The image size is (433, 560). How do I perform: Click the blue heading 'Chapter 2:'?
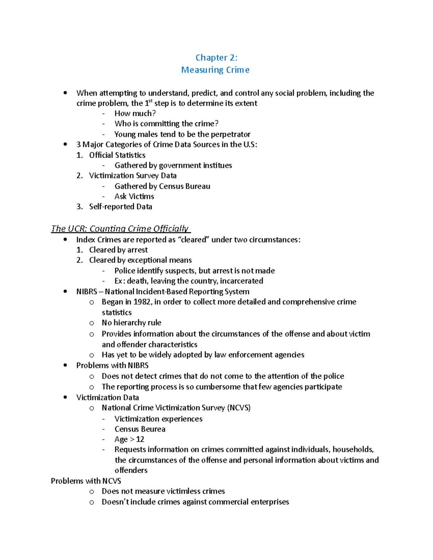click(x=216, y=58)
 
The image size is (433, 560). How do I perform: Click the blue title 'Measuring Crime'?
click(x=215, y=70)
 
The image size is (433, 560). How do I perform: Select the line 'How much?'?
click(x=135, y=114)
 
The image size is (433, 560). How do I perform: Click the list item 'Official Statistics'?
click(x=117, y=155)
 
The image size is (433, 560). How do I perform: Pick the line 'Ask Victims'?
click(x=134, y=197)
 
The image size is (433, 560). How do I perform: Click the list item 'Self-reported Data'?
click(x=121, y=207)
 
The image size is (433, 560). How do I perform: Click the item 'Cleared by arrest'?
click(x=118, y=250)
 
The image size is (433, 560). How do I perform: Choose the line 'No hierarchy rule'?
click(x=131, y=323)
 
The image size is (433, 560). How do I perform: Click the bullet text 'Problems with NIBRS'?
click(x=112, y=366)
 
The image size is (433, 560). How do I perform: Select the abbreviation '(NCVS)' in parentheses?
click(x=239, y=408)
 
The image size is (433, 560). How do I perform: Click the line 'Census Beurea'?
click(x=140, y=429)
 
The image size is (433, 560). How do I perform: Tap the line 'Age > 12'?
click(x=129, y=440)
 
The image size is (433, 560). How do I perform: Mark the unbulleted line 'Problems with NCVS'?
click(x=86, y=481)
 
